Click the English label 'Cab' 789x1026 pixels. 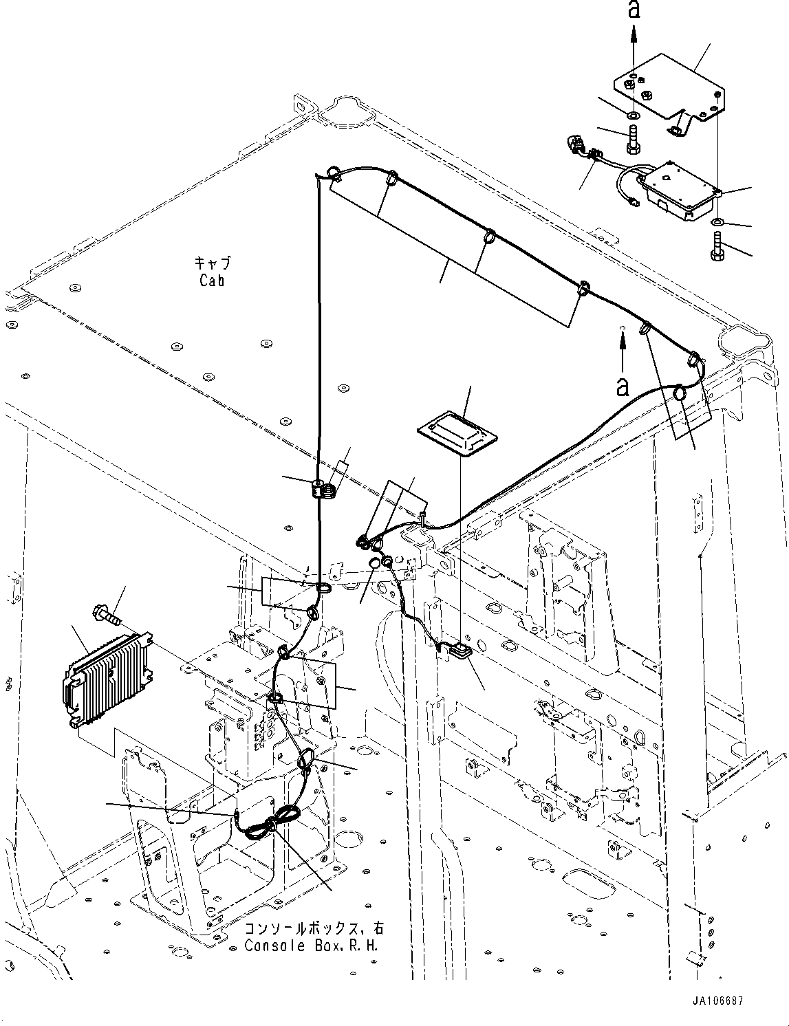click(x=212, y=281)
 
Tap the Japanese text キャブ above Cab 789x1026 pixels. click(x=212, y=264)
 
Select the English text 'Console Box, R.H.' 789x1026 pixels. click(x=314, y=946)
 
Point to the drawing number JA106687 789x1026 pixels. click(x=715, y=1001)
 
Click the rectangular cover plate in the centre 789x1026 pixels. click(x=457, y=432)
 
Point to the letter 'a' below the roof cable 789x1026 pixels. click(x=623, y=386)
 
